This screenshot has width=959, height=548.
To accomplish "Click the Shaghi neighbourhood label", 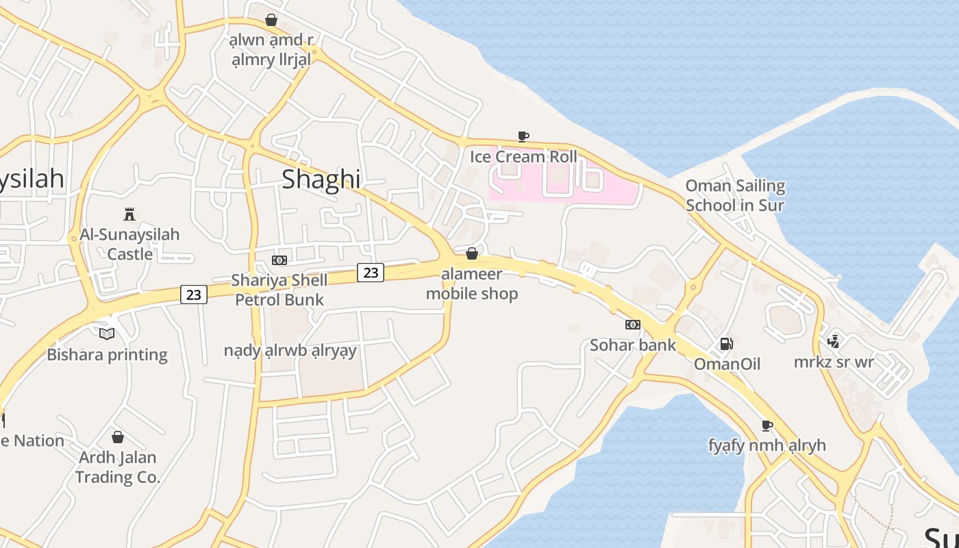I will (x=321, y=179).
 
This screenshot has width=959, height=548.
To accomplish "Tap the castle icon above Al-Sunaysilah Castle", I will (x=129, y=214).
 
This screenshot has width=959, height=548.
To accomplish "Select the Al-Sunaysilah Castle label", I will (x=129, y=244).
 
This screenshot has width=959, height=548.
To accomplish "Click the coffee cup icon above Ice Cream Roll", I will (x=523, y=136).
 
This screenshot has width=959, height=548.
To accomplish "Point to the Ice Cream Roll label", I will (x=523, y=157).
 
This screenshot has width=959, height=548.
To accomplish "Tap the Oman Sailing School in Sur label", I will (x=735, y=195).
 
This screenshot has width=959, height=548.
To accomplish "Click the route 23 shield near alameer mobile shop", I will (x=371, y=273).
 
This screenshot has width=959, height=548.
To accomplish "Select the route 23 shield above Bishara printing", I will (x=194, y=295).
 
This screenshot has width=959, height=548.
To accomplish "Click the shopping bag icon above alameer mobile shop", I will (x=472, y=254).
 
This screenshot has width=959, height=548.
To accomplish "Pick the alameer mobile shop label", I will (x=472, y=284).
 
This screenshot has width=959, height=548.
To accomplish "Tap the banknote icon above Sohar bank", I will (x=633, y=325).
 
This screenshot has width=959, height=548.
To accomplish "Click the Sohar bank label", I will (x=633, y=345).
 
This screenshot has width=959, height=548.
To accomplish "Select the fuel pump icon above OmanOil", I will (x=726, y=344).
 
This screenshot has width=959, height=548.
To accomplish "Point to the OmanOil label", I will (x=727, y=364).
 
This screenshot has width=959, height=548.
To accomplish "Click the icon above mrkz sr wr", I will (x=834, y=341).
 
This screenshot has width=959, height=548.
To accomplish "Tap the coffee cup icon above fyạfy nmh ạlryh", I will (x=767, y=425).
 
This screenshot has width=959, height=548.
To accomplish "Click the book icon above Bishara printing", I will (x=107, y=334).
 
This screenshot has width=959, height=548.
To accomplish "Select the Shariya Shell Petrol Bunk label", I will (x=279, y=290).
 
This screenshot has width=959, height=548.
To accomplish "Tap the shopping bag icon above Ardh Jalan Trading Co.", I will (x=118, y=437).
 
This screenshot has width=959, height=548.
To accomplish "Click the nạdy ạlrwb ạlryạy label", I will (x=290, y=351).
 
